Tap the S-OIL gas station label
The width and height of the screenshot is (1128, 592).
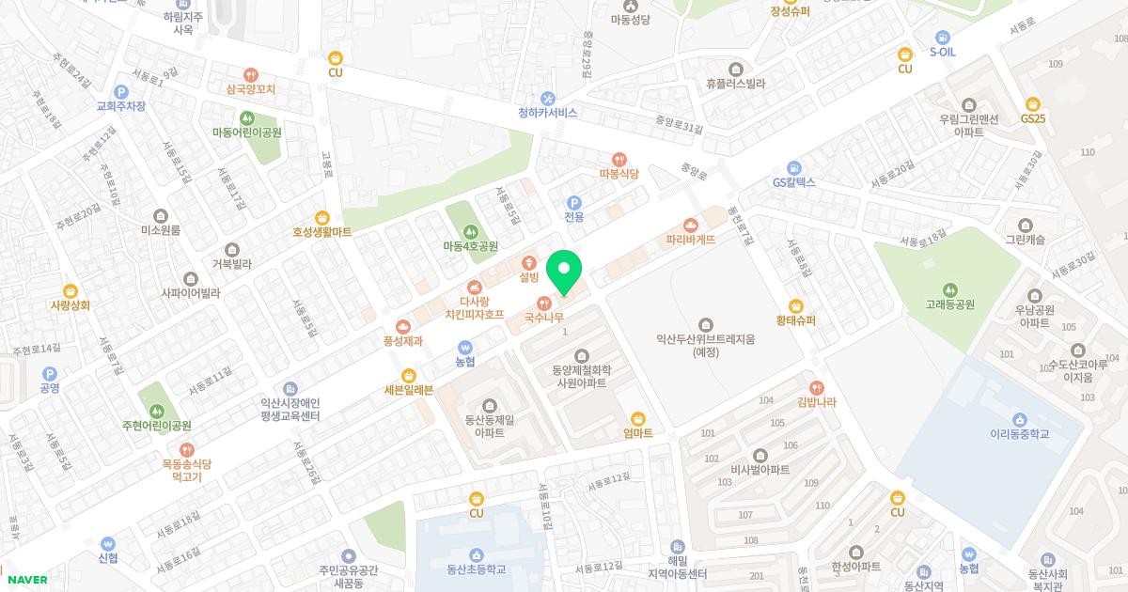942,52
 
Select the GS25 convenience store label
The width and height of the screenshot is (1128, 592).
1033,119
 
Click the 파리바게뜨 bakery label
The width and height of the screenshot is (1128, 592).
691,240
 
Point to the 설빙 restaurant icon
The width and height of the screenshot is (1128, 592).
529,261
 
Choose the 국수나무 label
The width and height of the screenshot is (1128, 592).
543,319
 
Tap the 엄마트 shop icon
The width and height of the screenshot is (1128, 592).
637,418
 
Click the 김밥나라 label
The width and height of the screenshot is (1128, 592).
816,402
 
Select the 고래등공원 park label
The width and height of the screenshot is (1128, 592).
949,304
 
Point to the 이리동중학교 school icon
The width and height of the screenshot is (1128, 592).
1019,418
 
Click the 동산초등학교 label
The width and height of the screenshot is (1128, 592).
477,569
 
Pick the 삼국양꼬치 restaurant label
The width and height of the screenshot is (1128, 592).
250,90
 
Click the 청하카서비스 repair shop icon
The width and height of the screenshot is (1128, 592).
548,98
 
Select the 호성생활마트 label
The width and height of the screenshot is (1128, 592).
321,231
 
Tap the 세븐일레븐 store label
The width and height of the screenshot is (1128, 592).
408,390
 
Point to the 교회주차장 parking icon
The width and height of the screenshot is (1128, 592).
120,91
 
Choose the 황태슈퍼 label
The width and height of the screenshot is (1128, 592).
795,320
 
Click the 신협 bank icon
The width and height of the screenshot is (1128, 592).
107,542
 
